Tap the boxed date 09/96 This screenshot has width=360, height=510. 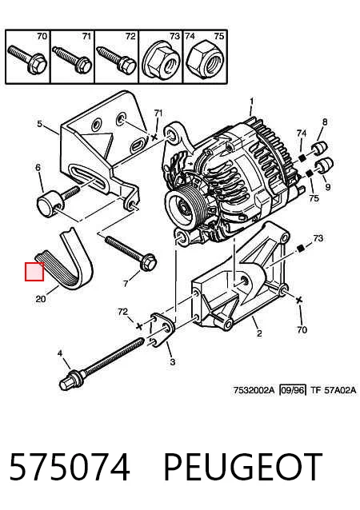293,390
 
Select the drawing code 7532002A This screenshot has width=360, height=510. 254,390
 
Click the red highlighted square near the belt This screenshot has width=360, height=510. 34,272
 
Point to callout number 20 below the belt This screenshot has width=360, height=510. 40,298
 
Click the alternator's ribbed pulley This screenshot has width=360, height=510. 186,207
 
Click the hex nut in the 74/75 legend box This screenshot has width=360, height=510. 205,60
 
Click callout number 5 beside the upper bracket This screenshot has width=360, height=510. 39,124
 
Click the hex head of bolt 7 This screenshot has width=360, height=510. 148,262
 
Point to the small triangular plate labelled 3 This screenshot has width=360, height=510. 162,330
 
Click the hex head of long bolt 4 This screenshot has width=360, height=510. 67,383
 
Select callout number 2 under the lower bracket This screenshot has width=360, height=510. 259,333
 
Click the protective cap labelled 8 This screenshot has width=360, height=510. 320,148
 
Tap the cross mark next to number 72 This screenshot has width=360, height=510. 139,326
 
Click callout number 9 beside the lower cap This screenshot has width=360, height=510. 327,187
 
